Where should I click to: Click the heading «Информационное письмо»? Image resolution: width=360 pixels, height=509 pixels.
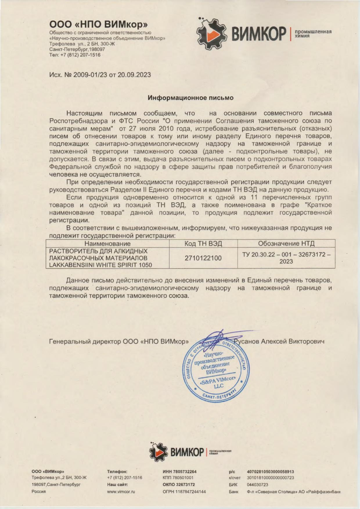click(x=190, y=98)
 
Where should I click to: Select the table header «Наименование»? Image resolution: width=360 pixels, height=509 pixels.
click(x=107, y=244)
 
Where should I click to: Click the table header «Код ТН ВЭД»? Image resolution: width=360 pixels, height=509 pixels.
click(x=203, y=244)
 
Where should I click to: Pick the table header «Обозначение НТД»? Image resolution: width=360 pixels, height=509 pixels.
click(x=286, y=244)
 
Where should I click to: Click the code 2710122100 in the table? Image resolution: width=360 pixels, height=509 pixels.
click(x=203, y=258)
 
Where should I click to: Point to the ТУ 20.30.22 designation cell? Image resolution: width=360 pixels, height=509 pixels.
click(x=286, y=258)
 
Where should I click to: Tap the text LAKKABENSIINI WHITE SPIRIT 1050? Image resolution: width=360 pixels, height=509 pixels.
click(x=100, y=265)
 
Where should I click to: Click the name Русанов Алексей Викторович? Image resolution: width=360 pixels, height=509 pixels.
click(x=279, y=342)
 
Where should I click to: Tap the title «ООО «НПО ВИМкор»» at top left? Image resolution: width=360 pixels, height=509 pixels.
click(x=98, y=24)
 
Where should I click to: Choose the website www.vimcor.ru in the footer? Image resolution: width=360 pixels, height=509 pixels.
click(x=121, y=492)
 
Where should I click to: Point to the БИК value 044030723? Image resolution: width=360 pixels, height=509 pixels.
click(x=258, y=485)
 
